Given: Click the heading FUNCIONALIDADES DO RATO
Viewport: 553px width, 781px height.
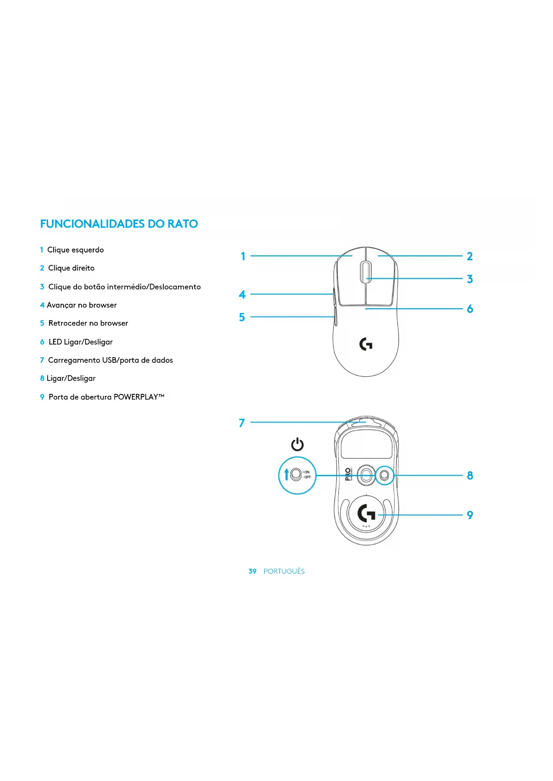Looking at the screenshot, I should [119, 224].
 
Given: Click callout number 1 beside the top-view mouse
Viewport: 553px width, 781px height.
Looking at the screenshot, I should [243, 256].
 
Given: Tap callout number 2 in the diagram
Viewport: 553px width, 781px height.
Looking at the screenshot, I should [470, 256].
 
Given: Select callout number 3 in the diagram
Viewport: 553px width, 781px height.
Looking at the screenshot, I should [470, 279].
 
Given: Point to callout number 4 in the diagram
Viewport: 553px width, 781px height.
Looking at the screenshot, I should [242, 294].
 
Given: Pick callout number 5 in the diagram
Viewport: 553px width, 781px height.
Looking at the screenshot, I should [242, 317].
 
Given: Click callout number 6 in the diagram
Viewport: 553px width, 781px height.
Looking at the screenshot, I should [470, 309].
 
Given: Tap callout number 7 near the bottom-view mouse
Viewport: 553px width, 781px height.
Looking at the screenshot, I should [242, 423].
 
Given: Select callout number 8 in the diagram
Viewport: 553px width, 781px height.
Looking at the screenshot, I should [470, 476].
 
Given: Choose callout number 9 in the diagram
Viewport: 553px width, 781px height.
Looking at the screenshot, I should [470, 515].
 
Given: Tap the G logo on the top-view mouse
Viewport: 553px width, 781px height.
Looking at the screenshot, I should [366, 344].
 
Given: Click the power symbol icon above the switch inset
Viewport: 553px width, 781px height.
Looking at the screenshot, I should [297, 444].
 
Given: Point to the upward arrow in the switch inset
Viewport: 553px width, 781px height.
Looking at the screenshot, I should [287, 474].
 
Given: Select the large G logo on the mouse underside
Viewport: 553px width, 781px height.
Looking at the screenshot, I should [366, 513].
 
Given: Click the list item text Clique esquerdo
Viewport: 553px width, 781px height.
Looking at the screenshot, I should [75, 250].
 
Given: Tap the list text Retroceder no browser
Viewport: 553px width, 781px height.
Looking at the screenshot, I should [88, 323].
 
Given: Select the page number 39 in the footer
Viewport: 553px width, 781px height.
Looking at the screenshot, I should [252, 571].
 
